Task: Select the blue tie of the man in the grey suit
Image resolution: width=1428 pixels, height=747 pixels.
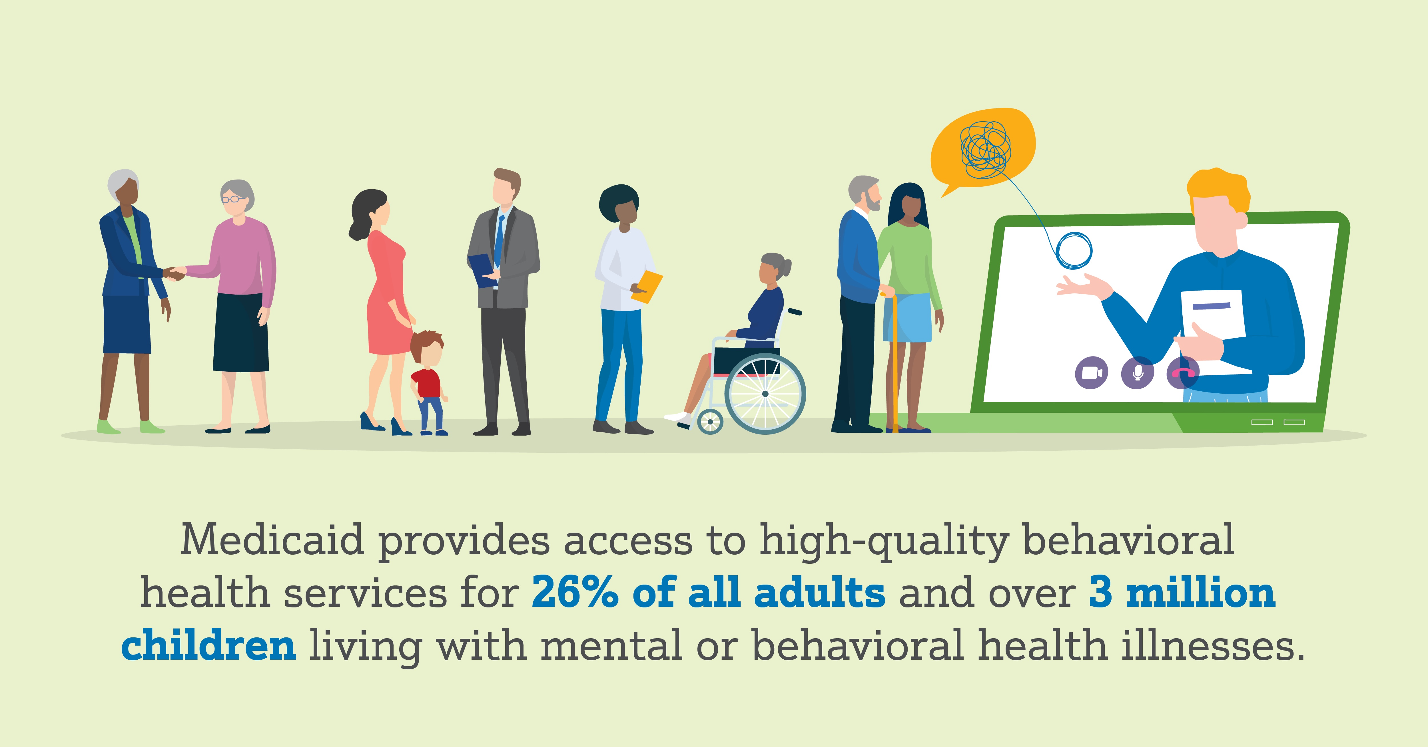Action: (499, 241)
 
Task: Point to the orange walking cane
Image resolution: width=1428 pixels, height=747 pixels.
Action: (894, 360)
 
